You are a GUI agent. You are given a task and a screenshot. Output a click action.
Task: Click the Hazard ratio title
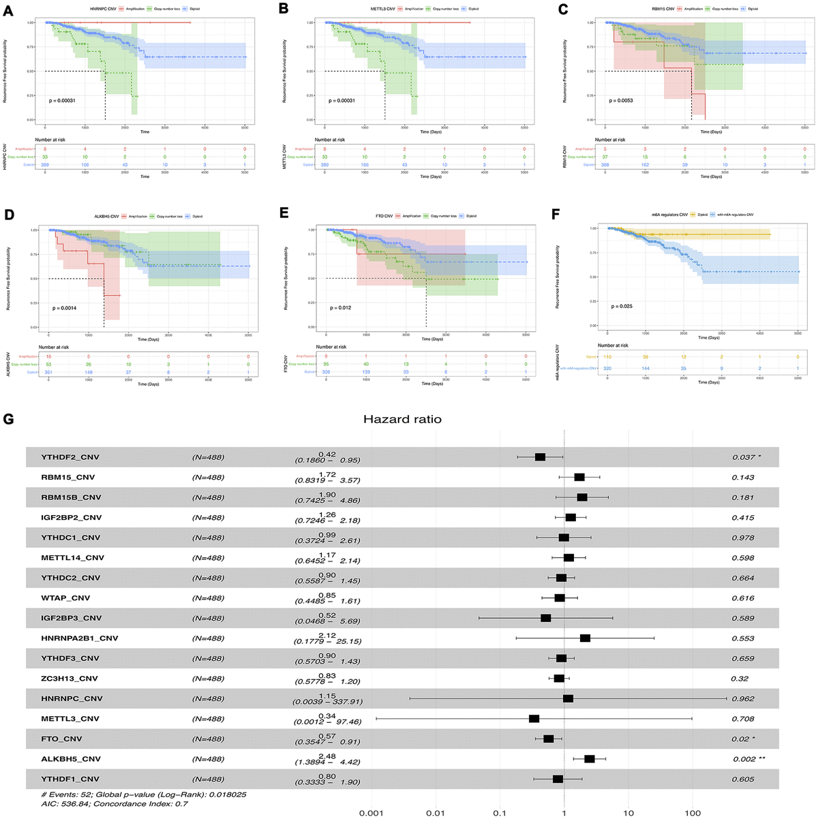pyautogui.click(x=402, y=419)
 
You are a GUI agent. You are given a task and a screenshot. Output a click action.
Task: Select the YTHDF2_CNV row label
pyautogui.click(x=70, y=457)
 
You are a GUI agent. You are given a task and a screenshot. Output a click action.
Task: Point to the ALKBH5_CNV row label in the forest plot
pyautogui.click(x=71, y=759)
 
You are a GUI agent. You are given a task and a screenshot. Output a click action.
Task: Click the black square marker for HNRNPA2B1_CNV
pyautogui.click(x=585, y=638)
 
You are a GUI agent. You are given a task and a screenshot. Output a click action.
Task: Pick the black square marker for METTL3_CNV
pyautogui.click(x=534, y=719)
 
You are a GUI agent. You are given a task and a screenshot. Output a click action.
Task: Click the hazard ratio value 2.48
pyautogui.click(x=327, y=755)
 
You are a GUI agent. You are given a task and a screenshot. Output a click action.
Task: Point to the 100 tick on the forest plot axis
pyautogui.click(x=693, y=813)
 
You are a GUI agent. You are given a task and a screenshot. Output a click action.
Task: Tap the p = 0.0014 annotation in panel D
pyautogui.click(x=65, y=308)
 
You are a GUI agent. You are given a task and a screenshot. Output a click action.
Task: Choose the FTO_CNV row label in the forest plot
pyautogui.click(x=62, y=739)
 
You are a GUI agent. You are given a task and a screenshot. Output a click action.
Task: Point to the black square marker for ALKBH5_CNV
pyautogui.click(x=590, y=759)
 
